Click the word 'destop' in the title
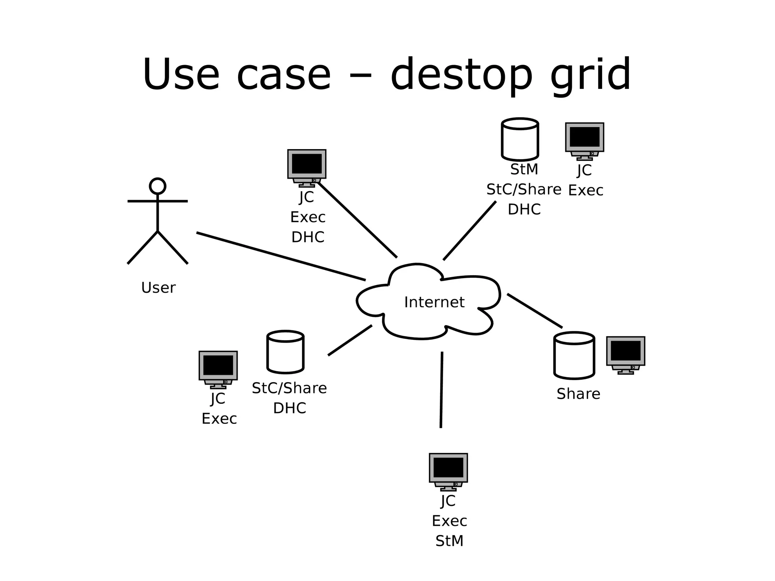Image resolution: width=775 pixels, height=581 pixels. pos(461,75)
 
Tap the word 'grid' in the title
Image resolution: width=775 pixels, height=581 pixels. pos(590,75)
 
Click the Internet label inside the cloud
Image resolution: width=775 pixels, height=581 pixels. pos(434,302)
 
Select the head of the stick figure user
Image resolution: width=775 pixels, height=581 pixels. pos(157,186)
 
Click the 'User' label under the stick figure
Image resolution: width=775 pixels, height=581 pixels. pos(158,288)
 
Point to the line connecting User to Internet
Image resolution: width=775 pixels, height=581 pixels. pos(281,257)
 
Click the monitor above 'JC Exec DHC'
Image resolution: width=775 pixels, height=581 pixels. pos(307,167)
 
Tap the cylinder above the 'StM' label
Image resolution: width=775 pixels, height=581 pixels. pos(520,139)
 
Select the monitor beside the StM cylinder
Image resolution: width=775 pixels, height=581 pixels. pos(584,140)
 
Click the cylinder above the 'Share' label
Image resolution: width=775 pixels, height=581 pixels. pos(574,355)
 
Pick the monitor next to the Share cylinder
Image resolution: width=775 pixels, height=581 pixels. pos(625,354)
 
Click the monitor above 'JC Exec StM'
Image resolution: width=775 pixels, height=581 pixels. pos(448,471)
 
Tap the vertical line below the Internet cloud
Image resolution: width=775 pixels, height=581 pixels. pos(441,390)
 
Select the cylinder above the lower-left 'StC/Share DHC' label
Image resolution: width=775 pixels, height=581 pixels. pos(285,352)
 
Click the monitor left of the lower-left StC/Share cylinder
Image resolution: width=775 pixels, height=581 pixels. pos(218,369)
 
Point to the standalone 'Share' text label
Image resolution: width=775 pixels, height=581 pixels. pos(578,394)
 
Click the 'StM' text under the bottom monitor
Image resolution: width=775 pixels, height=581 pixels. pos(449,541)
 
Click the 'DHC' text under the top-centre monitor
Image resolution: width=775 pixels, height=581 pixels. pos(308,237)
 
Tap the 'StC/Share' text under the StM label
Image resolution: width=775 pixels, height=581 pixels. pos(524,189)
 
